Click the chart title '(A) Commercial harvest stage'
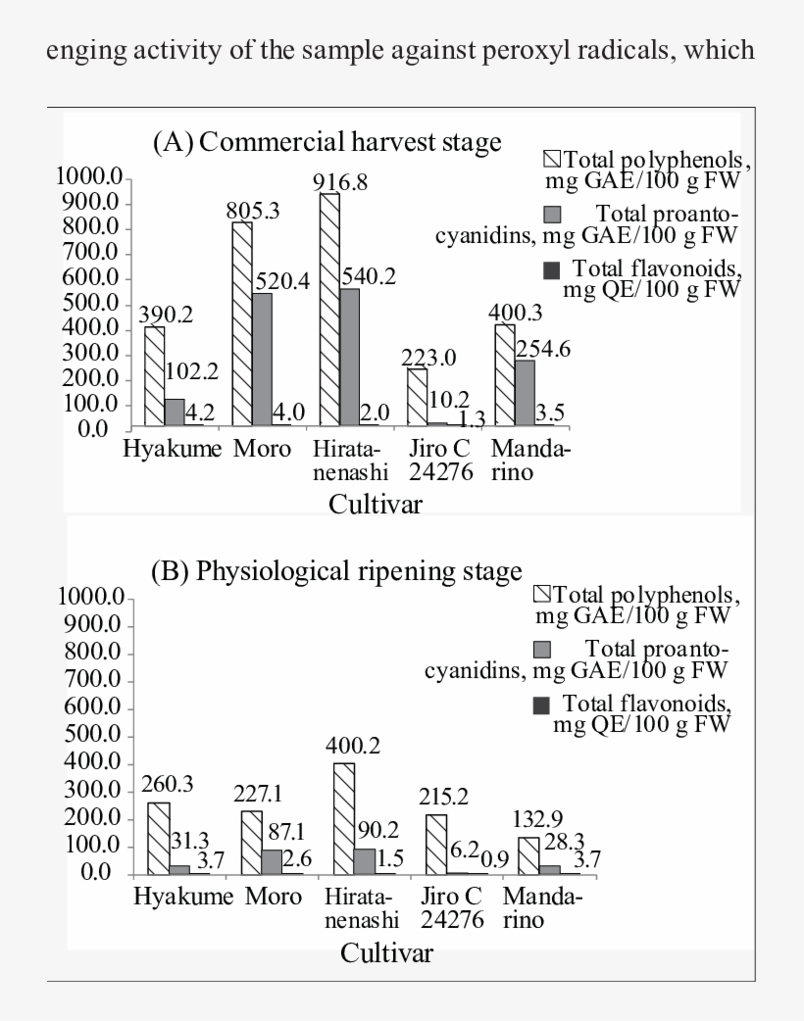click(x=327, y=142)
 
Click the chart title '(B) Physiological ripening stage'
click(x=336, y=571)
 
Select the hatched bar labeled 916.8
click(x=329, y=310)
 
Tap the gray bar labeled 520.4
click(x=262, y=360)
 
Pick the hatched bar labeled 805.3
click(x=242, y=323)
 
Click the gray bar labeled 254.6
click(x=526, y=393)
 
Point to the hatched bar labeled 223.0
click(x=418, y=397)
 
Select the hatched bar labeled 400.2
click(x=344, y=818)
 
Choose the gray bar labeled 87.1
click(x=272, y=862)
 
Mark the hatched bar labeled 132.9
click(x=528, y=855)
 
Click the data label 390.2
click(x=166, y=315)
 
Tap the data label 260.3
click(x=168, y=784)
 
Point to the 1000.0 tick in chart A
click(x=89, y=175)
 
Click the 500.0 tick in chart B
click(x=92, y=735)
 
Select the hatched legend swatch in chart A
click(x=552, y=159)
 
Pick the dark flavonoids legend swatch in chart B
click(x=541, y=705)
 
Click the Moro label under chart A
click(x=262, y=449)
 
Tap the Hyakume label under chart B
click(x=183, y=897)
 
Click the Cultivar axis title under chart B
click(x=386, y=953)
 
